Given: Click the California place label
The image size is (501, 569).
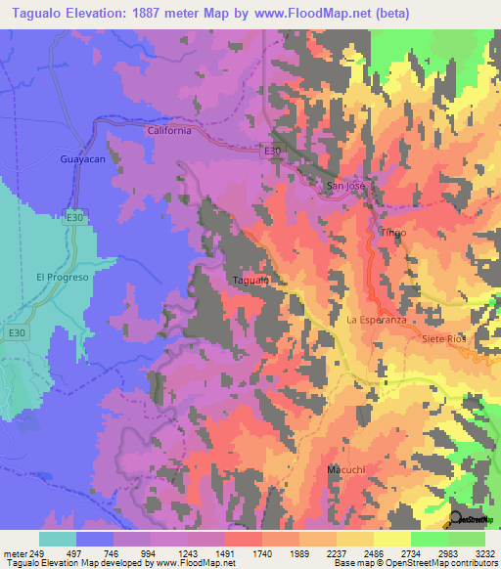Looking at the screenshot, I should point(167,130).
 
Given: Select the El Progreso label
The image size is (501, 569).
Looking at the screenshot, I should point(63,277).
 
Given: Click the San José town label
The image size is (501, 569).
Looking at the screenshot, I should point(345,185).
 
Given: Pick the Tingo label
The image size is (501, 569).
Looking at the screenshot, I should point(392,233).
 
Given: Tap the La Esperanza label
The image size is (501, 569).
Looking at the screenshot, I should point(376,320).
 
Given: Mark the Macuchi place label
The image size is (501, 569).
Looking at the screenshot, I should point(346,470).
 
